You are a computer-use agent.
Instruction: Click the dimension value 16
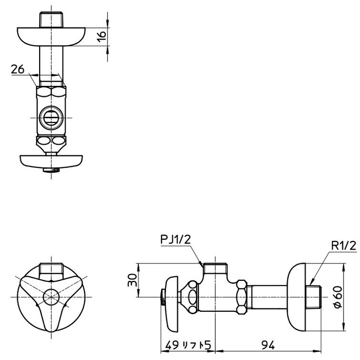[x=101, y=37]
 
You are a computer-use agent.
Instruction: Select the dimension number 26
[x=17, y=70]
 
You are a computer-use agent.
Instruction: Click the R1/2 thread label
[x=343, y=246]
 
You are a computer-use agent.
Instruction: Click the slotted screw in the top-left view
[x=50, y=117]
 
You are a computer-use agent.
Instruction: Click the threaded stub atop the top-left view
[x=51, y=20]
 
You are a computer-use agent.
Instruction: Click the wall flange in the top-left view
[x=51, y=36]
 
